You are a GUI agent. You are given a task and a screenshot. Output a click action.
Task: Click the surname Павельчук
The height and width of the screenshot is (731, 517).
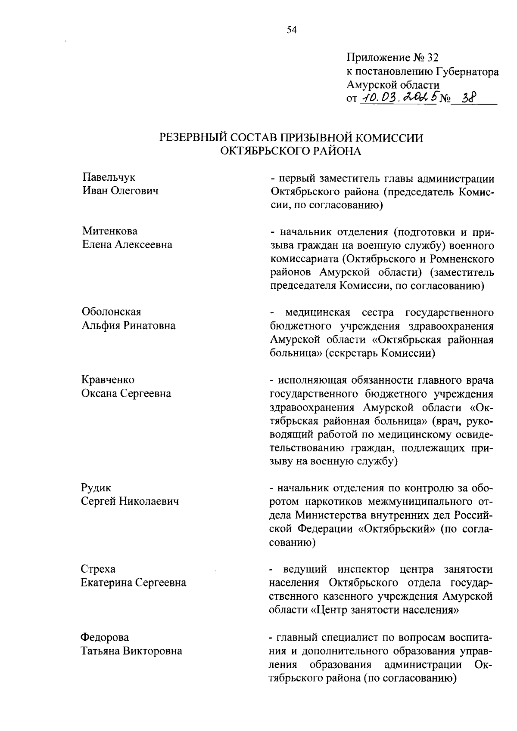109,177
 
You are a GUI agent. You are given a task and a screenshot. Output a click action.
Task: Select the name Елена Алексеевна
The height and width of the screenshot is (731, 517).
127,244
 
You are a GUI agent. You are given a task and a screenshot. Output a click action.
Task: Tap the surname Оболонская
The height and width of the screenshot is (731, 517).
111,312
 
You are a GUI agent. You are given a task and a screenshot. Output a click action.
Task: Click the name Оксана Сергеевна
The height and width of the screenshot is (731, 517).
126,393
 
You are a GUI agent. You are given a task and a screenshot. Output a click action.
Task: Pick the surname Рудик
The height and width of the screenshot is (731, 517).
96,487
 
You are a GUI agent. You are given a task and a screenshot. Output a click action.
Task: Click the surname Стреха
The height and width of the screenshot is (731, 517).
98,569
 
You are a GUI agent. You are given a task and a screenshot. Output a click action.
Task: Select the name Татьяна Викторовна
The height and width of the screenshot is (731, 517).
131,651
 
